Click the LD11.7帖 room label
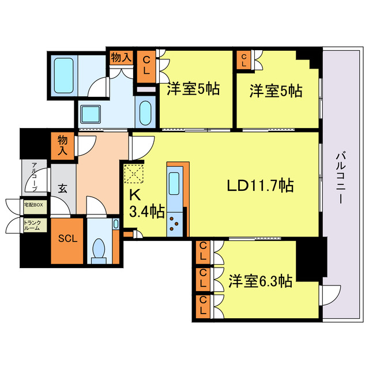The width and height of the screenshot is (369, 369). point(260,186)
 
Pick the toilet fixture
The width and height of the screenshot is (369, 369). point(100,250)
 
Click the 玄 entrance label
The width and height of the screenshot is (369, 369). point(62,188)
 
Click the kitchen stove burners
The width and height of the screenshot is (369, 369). point(176,224)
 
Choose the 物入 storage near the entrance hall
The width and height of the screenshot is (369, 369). point(63,145)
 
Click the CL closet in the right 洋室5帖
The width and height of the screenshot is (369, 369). point(243,61)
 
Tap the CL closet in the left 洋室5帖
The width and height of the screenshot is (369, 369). point(146,64)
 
